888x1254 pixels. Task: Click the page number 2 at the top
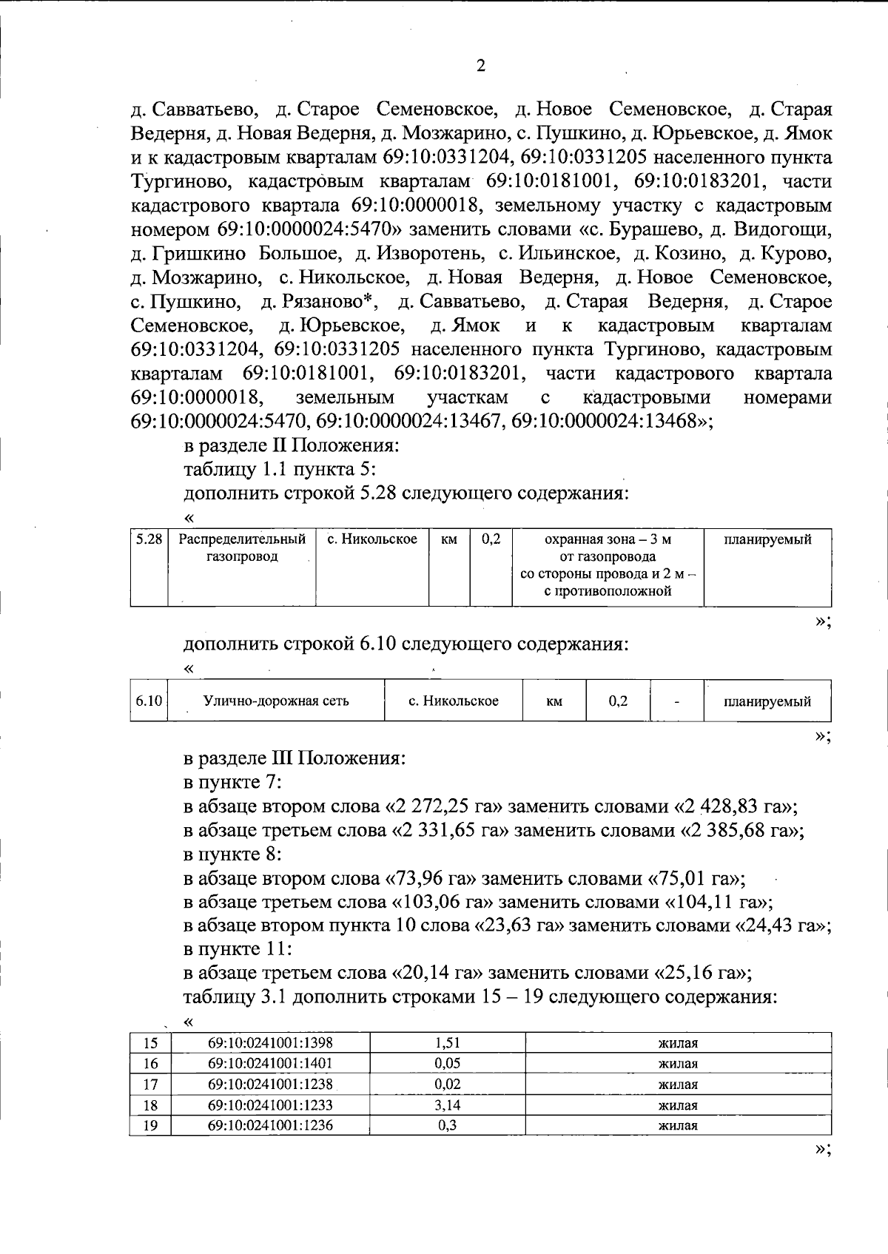(481, 67)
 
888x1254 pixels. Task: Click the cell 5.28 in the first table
(149, 540)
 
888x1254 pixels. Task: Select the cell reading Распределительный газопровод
(242, 548)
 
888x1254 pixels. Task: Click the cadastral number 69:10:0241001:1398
(270, 1043)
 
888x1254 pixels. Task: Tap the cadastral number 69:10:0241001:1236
(270, 1126)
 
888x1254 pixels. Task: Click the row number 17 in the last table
(150, 1085)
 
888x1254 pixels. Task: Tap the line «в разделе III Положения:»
(295, 758)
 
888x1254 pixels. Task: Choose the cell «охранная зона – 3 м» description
(608, 540)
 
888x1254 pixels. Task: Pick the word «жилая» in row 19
(678, 1126)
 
